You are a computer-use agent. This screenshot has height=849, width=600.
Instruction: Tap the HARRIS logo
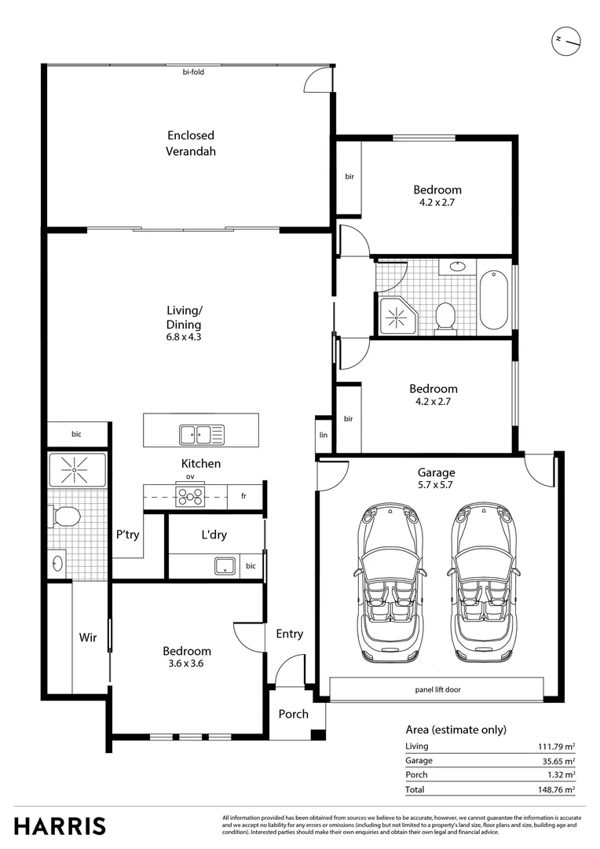60,826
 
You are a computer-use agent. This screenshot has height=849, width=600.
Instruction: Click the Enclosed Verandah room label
190,143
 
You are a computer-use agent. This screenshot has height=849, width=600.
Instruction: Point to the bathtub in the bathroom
495,300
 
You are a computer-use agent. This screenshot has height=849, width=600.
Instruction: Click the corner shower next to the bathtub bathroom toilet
399,314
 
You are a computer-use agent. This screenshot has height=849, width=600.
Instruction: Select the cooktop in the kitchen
190,496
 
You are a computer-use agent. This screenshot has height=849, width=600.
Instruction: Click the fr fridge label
243,496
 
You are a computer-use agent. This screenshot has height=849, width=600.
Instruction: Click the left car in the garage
390,583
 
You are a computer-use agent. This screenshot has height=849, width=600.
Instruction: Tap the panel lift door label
437,690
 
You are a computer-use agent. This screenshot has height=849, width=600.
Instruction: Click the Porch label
294,714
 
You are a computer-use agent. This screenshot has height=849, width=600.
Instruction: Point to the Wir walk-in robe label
88,638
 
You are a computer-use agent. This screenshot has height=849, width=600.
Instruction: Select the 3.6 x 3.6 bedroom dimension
187,663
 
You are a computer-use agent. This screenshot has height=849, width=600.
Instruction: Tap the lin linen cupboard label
323,434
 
